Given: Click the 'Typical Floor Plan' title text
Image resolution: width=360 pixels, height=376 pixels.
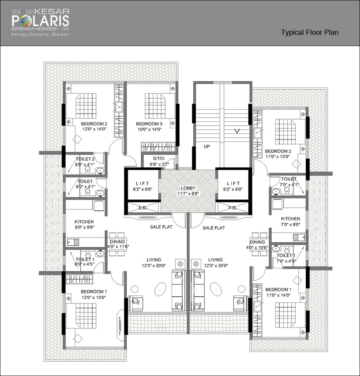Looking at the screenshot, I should click(x=310, y=32).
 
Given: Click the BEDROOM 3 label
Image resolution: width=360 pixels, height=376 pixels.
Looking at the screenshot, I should click(x=149, y=124).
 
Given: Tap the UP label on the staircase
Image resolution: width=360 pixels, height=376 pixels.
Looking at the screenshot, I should click(x=207, y=147).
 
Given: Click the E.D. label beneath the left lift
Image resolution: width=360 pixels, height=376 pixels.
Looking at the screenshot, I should click(x=142, y=208).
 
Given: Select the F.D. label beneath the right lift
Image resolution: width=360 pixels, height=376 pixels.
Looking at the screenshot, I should click(x=233, y=208).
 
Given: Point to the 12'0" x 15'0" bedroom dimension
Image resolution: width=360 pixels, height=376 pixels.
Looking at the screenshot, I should click(x=94, y=298).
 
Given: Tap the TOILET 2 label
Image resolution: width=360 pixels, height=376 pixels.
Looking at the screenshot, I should click(x=85, y=159).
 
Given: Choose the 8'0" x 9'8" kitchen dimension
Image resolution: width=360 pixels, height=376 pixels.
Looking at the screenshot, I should click(x=84, y=227).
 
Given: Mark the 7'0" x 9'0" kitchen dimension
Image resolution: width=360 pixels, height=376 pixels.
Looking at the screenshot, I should click(x=290, y=225).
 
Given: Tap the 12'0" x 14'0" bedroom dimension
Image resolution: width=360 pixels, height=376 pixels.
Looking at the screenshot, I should click(x=94, y=129).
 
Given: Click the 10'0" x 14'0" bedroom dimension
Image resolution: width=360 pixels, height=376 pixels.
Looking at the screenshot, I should click(x=149, y=129).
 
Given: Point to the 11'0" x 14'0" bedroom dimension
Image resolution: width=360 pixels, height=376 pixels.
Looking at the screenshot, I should click(x=278, y=295).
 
